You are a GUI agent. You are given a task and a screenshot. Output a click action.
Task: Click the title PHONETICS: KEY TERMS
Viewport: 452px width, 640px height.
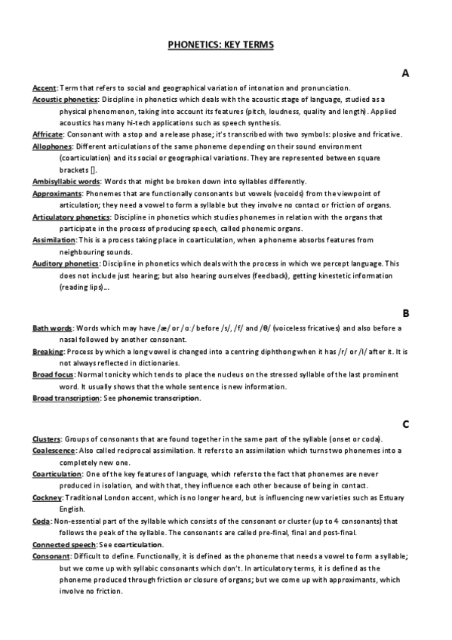tap(220, 45)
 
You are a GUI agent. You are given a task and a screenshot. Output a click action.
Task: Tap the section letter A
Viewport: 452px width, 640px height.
tap(405, 73)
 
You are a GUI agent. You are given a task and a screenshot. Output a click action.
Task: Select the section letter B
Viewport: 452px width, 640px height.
tap(405, 312)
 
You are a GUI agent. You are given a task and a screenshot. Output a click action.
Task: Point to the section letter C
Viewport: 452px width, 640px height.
tap(405, 424)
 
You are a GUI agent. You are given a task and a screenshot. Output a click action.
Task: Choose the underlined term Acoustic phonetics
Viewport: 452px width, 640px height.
tap(65, 100)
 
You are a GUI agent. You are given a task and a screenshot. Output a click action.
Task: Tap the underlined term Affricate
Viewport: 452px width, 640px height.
tap(47, 134)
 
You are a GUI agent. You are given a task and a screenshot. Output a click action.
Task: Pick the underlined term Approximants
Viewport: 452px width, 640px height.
tap(57, 193)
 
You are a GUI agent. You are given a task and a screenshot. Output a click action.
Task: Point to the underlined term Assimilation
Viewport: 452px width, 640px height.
tap(54, 240)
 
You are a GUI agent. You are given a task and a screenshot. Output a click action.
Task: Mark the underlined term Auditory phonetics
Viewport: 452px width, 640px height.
tap(65, 263)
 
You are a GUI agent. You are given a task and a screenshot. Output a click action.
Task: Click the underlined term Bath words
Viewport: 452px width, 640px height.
tap(52, 328)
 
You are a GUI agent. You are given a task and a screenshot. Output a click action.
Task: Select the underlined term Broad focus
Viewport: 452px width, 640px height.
tap(54, 375)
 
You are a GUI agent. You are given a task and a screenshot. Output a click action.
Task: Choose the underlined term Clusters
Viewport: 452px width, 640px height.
tap(46, 439)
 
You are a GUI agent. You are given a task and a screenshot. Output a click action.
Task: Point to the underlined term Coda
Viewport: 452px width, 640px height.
tap(41, 522)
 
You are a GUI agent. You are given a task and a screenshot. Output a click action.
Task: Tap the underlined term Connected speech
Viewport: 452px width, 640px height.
tap(63, 545)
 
